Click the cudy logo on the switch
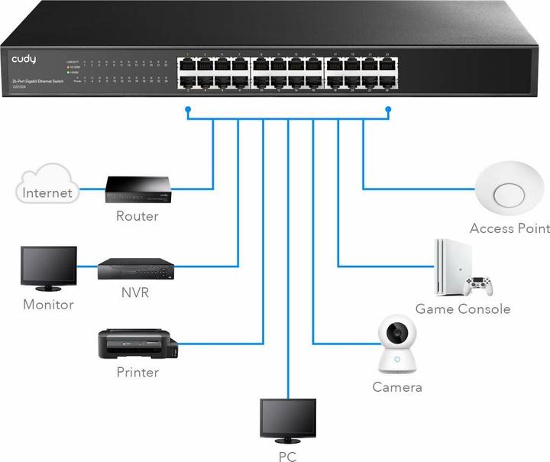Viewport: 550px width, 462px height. [x=23, y=59]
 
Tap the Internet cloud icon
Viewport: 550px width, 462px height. [x=47, y=186]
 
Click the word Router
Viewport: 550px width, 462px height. [x=137, y=216]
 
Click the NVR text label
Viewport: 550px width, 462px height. [x=135, y=292]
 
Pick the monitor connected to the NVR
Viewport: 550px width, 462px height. [x=49, y=267]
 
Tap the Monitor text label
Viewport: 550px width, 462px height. [x=48, y=305]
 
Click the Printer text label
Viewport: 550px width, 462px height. [x=137, y=373]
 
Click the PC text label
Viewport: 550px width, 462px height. [x=287, y=457]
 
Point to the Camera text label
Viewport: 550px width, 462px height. [x=396, y=387]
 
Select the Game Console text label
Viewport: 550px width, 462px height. [x=463, y=309]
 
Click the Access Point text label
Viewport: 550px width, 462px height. [x=509, y=228]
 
